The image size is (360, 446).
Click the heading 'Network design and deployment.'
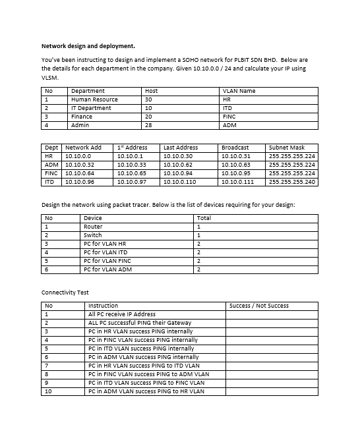88,46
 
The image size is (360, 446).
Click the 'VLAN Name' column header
239,91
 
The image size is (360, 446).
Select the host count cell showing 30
148,99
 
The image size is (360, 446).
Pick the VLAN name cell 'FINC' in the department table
229,117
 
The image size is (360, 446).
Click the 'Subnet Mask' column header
287,148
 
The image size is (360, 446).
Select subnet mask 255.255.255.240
292,181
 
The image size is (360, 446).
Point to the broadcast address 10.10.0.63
235,165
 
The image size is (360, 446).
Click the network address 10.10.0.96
80,181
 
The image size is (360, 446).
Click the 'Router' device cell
92,227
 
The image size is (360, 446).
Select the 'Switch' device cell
92,235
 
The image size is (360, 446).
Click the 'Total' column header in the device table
204,218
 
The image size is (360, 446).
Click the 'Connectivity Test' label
65,292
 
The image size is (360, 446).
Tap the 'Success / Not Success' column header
258,306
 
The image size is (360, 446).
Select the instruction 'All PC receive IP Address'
121,314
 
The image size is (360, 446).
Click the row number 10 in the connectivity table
48,391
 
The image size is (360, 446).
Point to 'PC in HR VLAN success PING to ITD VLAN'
143,366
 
